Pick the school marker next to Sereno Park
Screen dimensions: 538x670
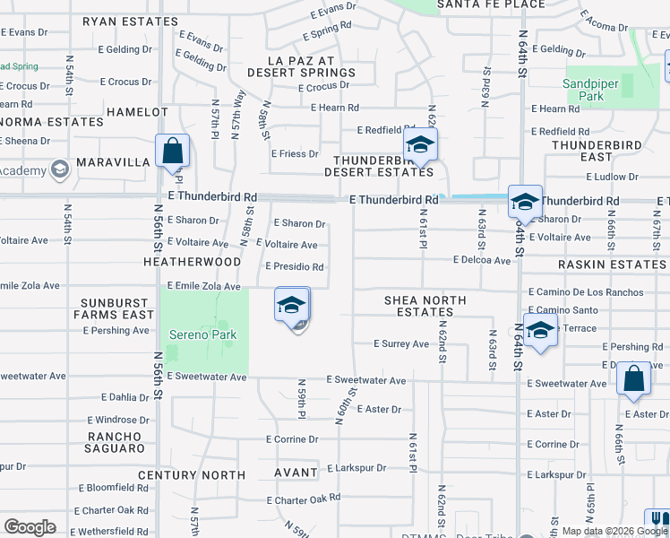(292, 307)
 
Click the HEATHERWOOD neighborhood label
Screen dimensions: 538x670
(192, 262)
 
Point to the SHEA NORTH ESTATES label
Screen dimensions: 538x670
(417, 306)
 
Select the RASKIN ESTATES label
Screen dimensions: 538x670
(612, 265)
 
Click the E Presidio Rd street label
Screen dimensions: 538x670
(295, 266)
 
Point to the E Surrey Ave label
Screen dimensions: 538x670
(401, 343)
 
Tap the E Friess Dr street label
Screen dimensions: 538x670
(295, 153)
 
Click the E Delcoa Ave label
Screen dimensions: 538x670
(481, 260)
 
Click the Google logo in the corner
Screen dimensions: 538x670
(30, 527)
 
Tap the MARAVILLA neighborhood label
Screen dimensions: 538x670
(112, 162)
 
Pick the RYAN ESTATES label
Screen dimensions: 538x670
(142, 21)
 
